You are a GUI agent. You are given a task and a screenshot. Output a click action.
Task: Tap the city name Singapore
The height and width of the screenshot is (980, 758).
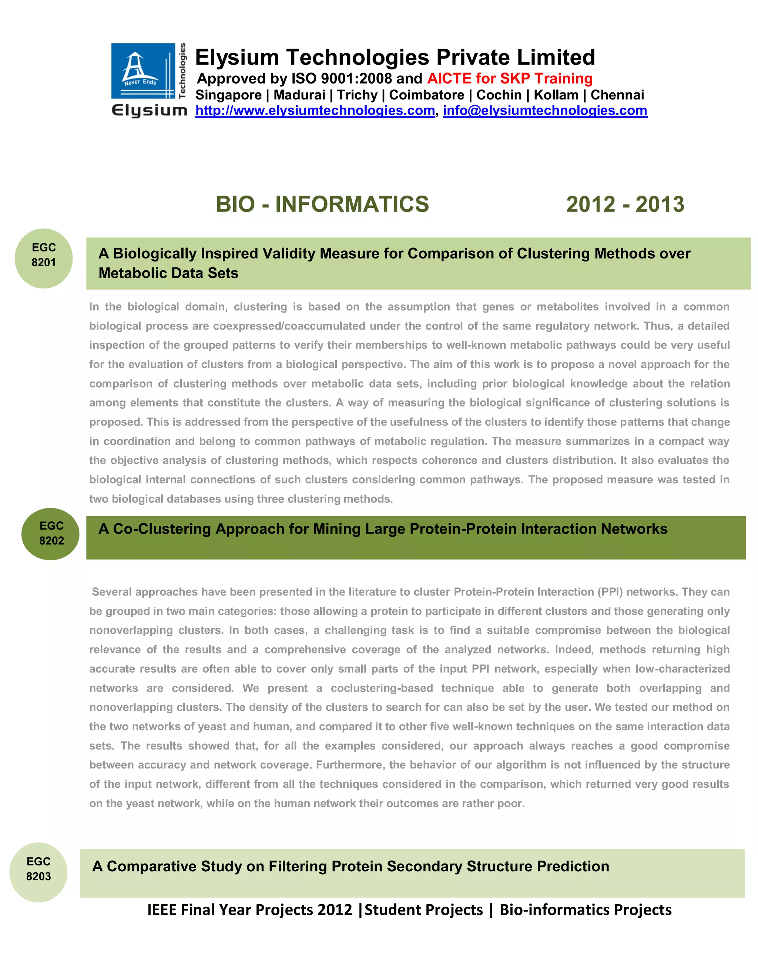[x=228, y=95]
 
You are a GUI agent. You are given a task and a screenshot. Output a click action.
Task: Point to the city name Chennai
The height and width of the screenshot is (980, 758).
[x=617, y=95]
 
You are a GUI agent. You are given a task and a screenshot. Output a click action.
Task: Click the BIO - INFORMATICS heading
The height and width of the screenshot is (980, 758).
[x=322, y=204]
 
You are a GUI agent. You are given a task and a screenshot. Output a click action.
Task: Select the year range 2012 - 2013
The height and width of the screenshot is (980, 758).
[x=625, y=204]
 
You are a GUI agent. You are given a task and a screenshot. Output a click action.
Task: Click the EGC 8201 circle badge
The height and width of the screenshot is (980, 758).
[x=44, y=258]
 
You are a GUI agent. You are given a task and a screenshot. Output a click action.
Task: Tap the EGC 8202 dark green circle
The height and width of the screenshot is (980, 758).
[x=51, y=534]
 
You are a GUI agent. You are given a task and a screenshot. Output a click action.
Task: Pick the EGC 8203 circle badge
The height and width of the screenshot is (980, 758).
[x=38, y=872]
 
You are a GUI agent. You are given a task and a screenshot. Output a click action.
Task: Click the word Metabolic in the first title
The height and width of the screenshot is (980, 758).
[x=131, y=273]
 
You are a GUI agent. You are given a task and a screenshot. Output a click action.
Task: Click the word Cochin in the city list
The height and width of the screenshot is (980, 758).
[x=499, y=95]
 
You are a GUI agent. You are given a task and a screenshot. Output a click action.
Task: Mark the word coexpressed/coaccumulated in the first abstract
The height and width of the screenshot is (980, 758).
[x=289, y=326]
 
